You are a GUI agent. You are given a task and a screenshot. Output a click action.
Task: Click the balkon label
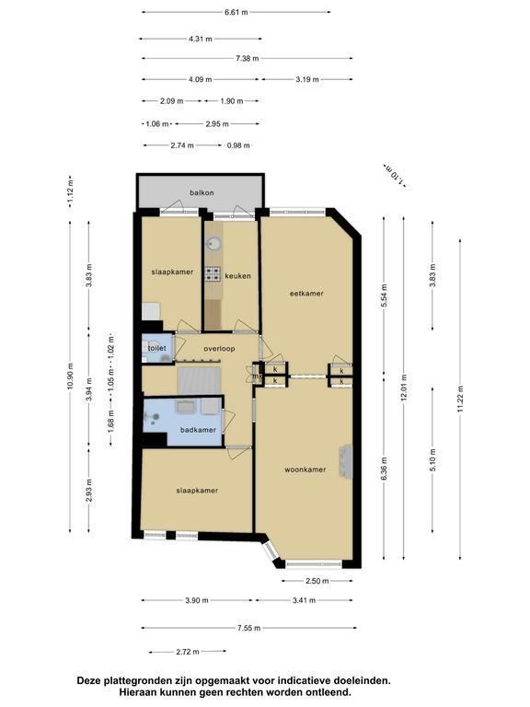[202, 192]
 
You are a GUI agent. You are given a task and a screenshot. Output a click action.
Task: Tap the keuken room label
[237, 276]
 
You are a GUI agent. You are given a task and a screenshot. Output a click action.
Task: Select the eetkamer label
[306, 293]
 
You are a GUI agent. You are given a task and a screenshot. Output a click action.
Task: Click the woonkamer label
[305, 469]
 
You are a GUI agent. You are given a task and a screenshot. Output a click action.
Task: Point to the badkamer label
[198, 430]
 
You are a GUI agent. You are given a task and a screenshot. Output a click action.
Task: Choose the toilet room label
[156, 348]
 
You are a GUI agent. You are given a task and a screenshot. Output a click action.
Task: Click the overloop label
[219, 349]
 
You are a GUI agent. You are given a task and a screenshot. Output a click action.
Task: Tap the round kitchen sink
[213, 244]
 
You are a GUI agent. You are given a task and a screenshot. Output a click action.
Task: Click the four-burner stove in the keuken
[213, 273]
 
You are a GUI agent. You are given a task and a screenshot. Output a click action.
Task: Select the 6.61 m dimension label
[236, 12]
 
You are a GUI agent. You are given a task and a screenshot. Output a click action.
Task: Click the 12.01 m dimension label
[404, 388]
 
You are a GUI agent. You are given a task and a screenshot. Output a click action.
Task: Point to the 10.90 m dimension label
[70, 376]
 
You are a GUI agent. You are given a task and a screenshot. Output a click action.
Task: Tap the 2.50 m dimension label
[317, 581]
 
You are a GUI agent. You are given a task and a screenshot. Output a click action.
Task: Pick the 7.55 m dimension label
[248, 628]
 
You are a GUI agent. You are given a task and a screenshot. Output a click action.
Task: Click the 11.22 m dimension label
[460, 399]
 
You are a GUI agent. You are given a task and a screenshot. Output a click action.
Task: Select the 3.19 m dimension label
[307, 79]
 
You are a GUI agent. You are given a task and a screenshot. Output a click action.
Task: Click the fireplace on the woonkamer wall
[346, 462]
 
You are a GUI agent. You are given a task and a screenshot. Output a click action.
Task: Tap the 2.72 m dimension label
[188, 652]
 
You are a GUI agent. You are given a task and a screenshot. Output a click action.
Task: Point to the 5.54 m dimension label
[384, 296]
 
